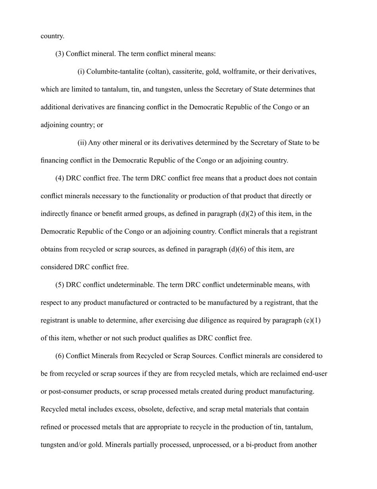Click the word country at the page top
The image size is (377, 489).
coord(52,36)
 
